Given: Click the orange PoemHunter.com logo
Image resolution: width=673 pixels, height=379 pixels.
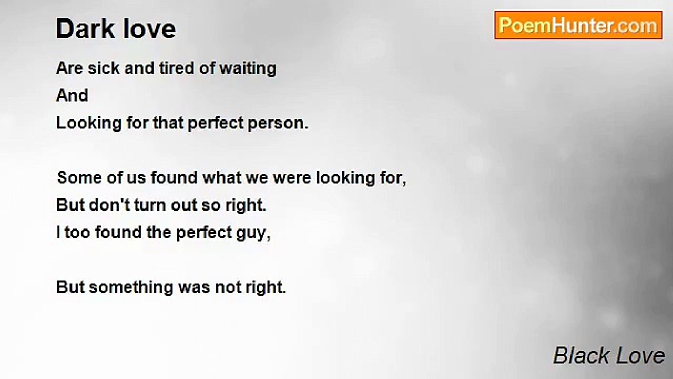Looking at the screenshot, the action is tap(578, 25).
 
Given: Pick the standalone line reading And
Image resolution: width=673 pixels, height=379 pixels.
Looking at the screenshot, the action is tap(72, 96).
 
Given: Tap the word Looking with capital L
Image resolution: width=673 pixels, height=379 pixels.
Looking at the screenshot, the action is tap(89, 124).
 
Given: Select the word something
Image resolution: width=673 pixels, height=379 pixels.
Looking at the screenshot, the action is tap(131, 288).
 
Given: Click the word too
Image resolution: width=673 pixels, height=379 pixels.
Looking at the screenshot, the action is tap(77, 233).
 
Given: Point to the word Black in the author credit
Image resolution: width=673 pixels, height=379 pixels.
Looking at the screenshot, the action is tap(581, 355).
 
